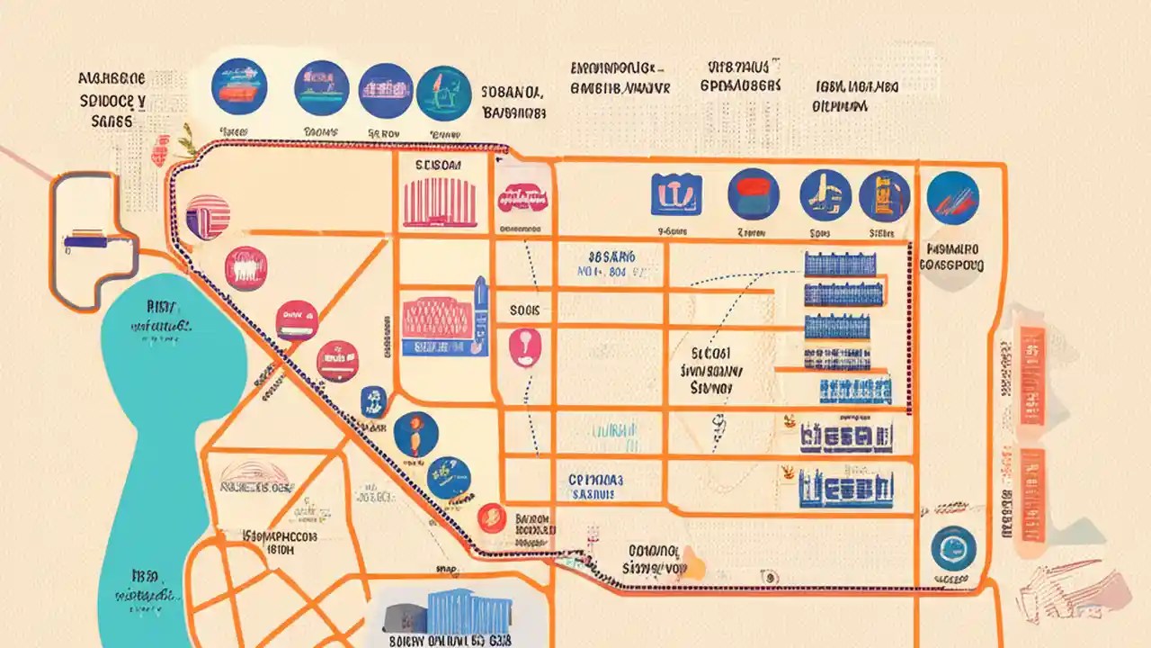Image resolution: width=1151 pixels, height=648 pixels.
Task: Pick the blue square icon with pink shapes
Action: pos(676,194)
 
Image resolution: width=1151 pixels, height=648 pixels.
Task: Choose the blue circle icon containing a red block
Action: pos(754,194)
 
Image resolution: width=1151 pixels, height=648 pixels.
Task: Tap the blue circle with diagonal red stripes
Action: pos(952,196)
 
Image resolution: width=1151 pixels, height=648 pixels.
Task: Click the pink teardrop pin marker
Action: pos(522,347)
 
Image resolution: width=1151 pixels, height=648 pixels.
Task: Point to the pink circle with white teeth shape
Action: pos(245,268)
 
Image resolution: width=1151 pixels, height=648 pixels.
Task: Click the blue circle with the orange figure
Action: pos(415,434)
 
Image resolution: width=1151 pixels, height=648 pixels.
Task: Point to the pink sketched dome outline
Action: pos(256,475)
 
